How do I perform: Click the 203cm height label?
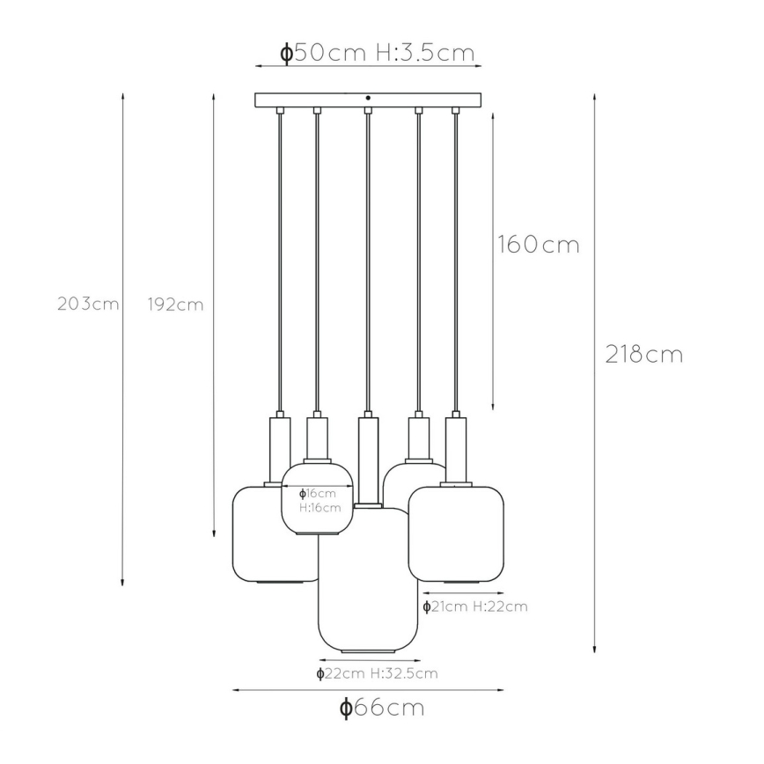pos(88,304)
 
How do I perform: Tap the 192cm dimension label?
pos(175,305)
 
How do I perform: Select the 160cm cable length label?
pos(539,244)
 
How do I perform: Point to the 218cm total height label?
pos(643,354)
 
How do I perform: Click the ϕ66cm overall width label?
pos(382,707)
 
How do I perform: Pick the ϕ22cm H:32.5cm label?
pos(377,673)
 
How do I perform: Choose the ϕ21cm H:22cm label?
pos(475,606)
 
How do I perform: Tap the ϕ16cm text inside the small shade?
pos(317,494)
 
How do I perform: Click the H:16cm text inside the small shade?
pos(320,508)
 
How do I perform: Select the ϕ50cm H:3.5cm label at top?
pos(377,53)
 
